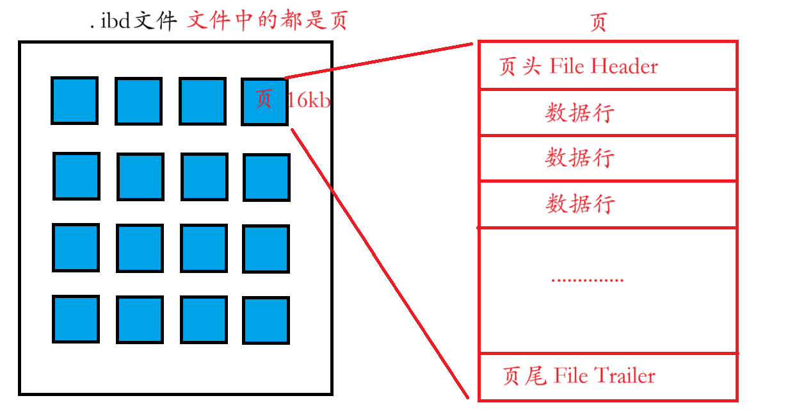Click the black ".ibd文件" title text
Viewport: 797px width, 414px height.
pos(133,22)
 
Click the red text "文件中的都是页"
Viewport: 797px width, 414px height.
pos(266,21)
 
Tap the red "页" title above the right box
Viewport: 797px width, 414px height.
pos(598,22)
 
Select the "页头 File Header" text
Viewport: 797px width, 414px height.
pos(578,66)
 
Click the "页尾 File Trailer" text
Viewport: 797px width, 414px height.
pos(579,376)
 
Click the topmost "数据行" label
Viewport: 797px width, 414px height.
pos(579,113)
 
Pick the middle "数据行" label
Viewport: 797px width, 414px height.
pos(579,158)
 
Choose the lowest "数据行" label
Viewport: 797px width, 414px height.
pos(579,204)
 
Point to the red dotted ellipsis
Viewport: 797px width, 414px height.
pos(586,280)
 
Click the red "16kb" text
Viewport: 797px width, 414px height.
pos(309,100)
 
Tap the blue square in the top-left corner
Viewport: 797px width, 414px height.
pos(74,101)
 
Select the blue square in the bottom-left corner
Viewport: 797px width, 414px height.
pos(76,319)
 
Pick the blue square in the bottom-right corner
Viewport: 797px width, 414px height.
pos(266,320)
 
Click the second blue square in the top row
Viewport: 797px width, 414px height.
pos(138,101)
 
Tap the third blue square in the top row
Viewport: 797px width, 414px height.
pos(202,101)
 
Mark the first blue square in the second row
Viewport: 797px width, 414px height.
pos(76,176)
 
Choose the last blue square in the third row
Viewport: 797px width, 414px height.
pos(266,249)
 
